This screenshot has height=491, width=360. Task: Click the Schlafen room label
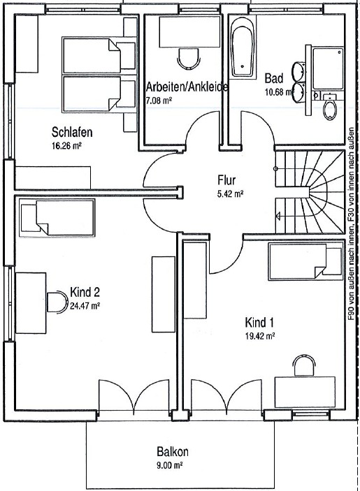[72, 132]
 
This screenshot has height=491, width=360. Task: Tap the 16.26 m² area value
[67, 147]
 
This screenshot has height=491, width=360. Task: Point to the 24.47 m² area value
[86, 305]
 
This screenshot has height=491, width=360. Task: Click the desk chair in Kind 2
[56, 301]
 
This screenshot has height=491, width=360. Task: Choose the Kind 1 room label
[259, 323]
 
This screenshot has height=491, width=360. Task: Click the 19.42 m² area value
[259, 335]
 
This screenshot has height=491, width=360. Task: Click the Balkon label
[172, 452]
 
